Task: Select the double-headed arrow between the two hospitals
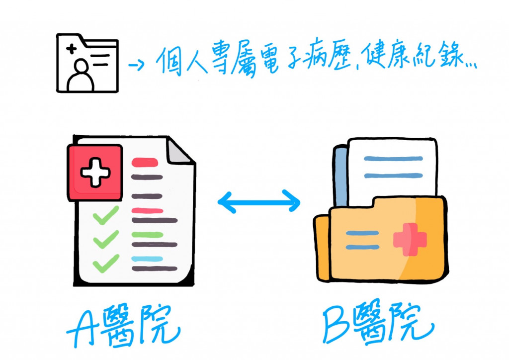click(259, 201)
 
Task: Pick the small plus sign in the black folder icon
click(72, 49)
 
